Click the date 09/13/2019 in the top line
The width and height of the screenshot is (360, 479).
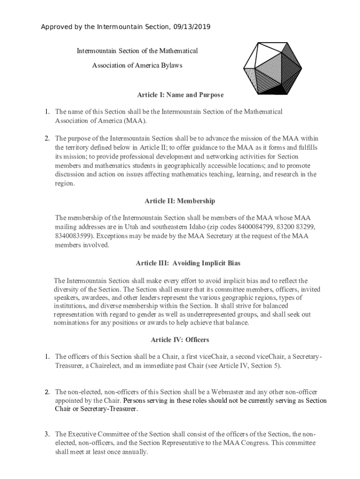pos(193,27)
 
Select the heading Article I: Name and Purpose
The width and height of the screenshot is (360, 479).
pos(180,95)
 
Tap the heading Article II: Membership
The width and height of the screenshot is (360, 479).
pos(180,201)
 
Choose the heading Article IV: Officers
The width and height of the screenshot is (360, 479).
pos(180,339)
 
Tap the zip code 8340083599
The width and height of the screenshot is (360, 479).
pos(73,236)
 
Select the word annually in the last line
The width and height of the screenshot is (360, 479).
pos(134,452)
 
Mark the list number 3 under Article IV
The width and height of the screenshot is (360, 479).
pos(47,434)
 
